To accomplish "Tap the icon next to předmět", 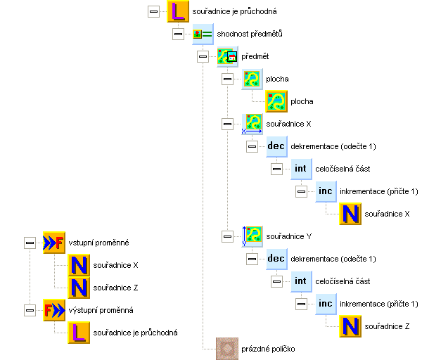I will [227, 56].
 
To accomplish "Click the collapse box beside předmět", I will [203, 56].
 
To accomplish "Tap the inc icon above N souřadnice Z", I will [326, 303].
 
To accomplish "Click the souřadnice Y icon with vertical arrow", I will [251, 236].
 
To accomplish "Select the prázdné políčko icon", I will [227, 348].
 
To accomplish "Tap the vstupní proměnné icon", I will [54, 242].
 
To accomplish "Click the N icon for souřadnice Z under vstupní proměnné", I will [79, 287].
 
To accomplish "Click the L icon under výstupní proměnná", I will [79, 332].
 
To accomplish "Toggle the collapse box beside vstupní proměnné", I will [30, 242].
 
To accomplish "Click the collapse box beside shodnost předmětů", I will [178, 34].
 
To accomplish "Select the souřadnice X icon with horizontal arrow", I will [251, 124].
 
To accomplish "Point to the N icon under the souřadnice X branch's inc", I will [350, 213].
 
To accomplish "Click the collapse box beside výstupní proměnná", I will [30, 309].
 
